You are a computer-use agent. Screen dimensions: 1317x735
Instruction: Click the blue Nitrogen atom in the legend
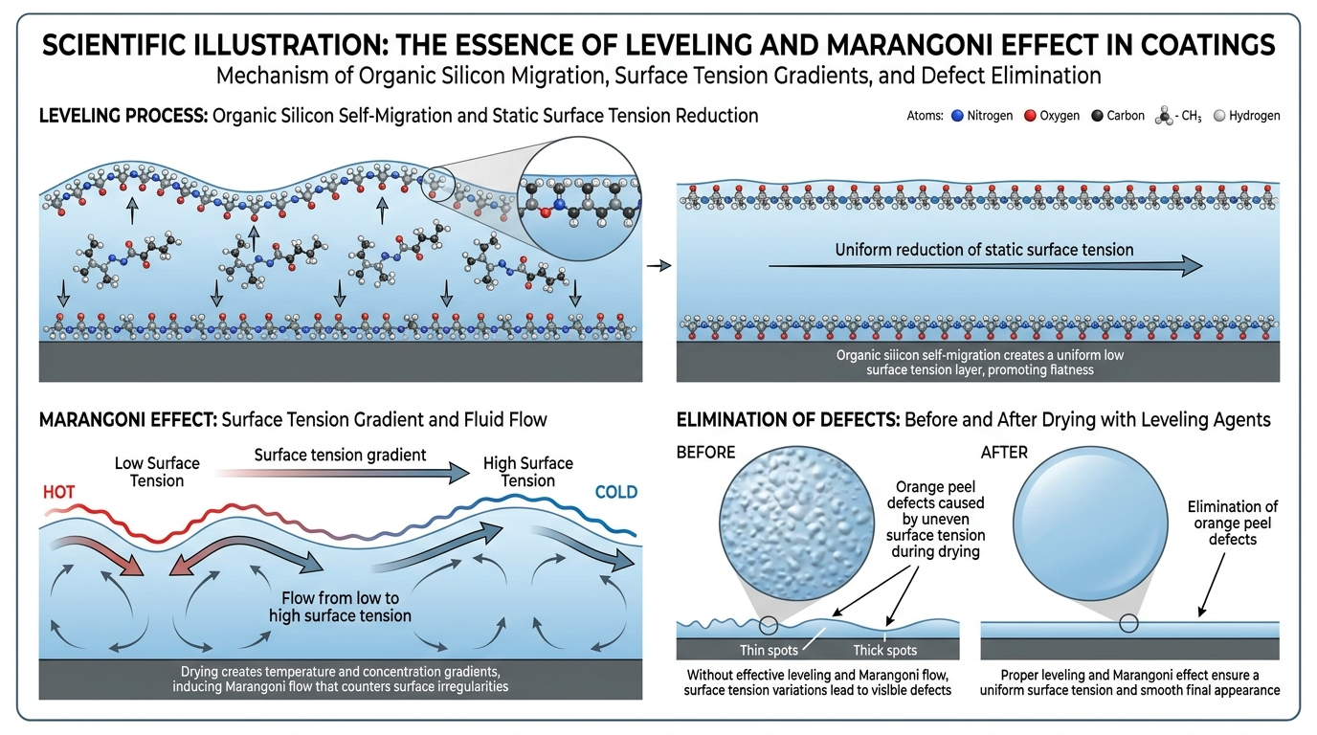957,116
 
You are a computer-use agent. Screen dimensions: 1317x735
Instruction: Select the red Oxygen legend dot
1030,116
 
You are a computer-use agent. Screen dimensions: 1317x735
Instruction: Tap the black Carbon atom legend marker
1097,116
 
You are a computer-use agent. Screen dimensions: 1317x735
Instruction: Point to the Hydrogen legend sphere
1219,116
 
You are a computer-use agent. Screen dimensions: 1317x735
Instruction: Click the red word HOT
58,492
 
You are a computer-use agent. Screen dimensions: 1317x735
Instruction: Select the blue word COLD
616,492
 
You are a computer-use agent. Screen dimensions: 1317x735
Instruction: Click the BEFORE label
705,452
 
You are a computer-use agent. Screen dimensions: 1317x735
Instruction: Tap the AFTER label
1004,452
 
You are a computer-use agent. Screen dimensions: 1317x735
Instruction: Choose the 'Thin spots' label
769,651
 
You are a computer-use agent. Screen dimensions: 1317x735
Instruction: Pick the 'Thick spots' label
884,651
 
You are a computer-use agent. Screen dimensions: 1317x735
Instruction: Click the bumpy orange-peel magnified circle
796,523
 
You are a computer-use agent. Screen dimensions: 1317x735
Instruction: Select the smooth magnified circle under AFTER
1091,523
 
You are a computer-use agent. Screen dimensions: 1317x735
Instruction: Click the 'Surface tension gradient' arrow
343,472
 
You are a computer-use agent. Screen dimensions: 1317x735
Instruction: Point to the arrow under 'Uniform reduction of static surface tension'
986,266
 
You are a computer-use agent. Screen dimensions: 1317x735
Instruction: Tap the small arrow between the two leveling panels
659,266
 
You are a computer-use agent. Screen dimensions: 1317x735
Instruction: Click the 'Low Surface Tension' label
157,472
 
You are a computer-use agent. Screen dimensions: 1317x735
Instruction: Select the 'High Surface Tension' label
528,472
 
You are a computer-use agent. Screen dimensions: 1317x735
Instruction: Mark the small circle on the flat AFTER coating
1128,623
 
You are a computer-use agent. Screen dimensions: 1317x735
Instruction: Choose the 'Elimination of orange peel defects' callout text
1233,523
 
